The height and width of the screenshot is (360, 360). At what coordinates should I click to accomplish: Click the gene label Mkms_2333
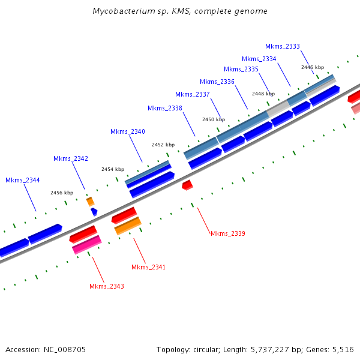click(283, 46)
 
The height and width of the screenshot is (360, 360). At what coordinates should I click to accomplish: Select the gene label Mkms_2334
click(259, 59)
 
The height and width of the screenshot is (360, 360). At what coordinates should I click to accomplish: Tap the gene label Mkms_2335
click(241, 70)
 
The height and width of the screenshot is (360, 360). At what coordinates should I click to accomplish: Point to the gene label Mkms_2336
click(217, 82)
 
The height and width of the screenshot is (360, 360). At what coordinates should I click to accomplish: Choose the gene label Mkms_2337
click(193, 94)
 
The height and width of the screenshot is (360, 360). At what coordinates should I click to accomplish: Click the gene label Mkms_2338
click(165, 108)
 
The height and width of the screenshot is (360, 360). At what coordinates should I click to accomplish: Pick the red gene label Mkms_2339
click(228, 233)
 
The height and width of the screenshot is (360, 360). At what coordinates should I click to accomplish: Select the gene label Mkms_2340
click(128, 131)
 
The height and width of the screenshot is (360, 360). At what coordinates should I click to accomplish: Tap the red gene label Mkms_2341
click(148, 267)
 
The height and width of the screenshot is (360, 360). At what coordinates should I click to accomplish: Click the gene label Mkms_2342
click(71, 158)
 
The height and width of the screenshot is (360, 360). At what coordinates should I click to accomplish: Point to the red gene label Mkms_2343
click(107, 286)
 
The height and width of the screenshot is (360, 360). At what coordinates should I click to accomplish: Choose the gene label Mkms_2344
click(23, 180)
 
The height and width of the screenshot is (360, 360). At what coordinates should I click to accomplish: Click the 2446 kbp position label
click(313, 67)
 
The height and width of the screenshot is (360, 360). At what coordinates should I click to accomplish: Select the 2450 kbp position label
click(214, 119)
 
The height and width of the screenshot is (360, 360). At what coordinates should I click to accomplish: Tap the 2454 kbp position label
click(113, 169)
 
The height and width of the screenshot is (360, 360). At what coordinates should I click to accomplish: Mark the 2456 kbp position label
click(62, 193)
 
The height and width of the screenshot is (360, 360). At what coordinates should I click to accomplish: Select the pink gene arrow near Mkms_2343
click(86, 244)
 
